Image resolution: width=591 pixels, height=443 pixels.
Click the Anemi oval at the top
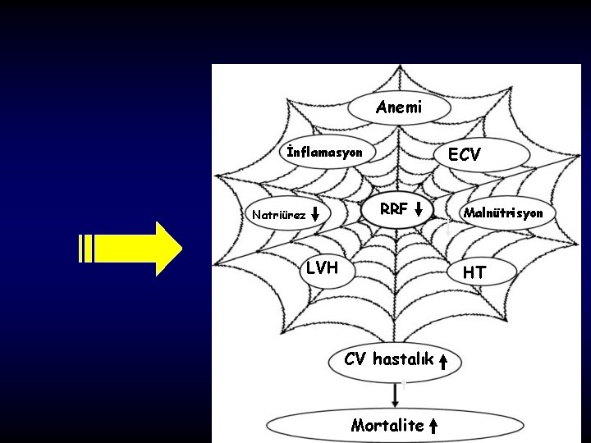pos(399,107)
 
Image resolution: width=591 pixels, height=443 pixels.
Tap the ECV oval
pos(465,154)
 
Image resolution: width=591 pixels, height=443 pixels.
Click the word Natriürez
pos(279,216)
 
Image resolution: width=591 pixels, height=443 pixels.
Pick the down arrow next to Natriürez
pos(317,215)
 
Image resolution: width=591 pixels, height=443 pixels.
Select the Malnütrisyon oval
pos(502,213)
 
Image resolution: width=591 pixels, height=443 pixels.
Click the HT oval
pos(474,271)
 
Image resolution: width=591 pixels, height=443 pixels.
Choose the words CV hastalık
pos(388,359)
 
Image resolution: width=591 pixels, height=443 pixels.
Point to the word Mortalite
pos(387,425)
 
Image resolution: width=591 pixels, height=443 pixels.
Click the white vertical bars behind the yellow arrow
pos(85,248)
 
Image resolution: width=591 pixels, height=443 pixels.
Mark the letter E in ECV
pos(453,154)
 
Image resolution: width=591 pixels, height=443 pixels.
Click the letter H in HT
pos(468,271)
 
